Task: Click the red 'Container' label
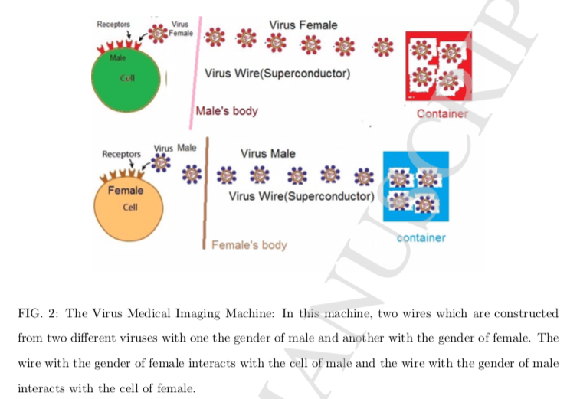point(442,114)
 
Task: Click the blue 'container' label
point(421,237)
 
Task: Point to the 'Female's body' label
point(249,245)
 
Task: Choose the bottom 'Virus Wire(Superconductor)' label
point(301,196)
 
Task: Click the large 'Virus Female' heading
point(303,25)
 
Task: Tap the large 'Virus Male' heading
point(267,153)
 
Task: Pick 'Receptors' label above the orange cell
point(121,154)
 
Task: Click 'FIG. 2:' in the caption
point(38,313)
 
